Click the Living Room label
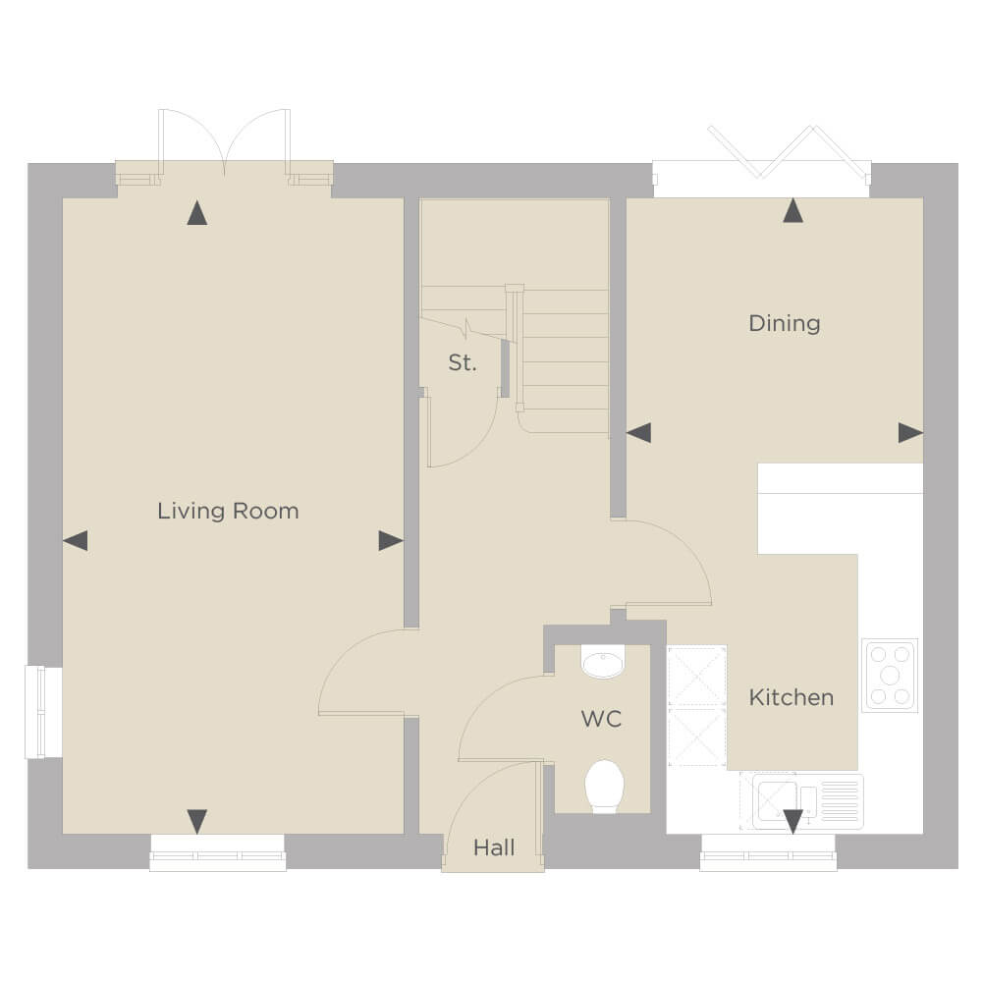(x=228, y=511)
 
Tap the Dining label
(x=785, y=323)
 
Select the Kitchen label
(x=792, y=697)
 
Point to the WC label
(x=601, y=719)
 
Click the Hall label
(x=494, y=847)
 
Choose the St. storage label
(x=463, y=362)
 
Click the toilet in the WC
(x=604, y=787)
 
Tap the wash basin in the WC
(x=603, y=662)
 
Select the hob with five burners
(x=890, y=676)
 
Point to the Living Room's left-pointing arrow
(x=76, y=540)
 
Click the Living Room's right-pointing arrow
(x=391, y=540)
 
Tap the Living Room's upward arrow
(x=196, y=212)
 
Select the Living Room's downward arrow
(x=196, y=822)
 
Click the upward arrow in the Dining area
(x=793, y=211)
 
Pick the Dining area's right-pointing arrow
(x=910, y=433)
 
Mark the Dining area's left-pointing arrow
(x=639, y=433)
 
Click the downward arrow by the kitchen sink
(x=793, y=822)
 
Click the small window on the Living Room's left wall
(x=43, y=712)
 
